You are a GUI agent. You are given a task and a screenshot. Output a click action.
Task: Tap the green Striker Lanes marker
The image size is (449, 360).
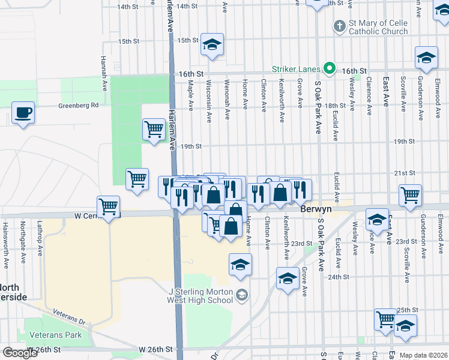click(x=329, y=69)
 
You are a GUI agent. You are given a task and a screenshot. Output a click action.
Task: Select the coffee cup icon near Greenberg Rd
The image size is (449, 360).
click(x=23, y=113)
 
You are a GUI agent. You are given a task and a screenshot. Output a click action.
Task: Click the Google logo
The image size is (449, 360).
click(x=19, y=353)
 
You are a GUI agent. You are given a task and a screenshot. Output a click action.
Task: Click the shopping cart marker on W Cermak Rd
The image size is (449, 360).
click(x=109, y=207)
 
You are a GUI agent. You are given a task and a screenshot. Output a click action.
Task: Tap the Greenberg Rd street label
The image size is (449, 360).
click(x=78, y=106)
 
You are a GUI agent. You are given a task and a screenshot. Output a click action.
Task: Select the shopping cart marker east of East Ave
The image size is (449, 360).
click(x=410, y=194)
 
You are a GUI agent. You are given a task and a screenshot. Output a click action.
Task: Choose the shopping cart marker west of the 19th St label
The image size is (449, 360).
click(x=154, y=129)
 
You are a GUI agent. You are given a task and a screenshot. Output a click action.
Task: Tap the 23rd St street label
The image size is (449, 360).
click(x=304, y=244)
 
